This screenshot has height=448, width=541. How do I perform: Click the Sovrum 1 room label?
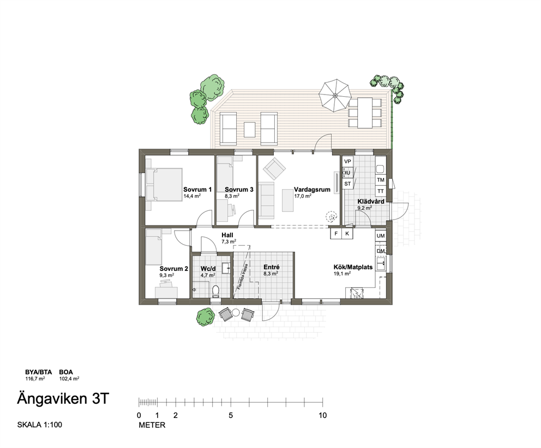[197, 190]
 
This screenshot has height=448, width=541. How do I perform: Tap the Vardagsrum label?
[312, 190]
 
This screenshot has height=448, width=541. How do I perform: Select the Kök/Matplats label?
[353, 267]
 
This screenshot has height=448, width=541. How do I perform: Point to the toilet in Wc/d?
[216, 291]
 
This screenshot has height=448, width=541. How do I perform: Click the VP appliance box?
[347, 161]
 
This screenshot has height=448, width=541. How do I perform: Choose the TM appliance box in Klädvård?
[381, 180]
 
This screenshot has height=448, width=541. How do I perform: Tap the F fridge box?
[336, 234]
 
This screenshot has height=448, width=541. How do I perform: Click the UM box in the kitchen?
[381, 236]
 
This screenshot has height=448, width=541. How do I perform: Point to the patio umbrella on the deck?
[335, 96]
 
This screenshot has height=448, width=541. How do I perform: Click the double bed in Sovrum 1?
[164, 185]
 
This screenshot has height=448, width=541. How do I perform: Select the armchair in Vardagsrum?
[274, 168]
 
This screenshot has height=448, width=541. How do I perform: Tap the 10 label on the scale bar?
[322, 415]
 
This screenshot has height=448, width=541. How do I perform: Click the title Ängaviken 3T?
[63, 399]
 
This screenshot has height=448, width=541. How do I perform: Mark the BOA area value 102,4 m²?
[69, 379]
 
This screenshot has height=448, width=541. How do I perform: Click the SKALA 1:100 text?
[40, 425]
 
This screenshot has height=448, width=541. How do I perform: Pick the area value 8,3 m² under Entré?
[271, 273]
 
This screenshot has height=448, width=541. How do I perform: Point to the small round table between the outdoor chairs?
[236, 312]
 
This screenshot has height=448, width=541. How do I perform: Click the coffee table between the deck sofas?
[249, 129]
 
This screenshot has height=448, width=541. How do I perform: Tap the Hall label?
[227, 235]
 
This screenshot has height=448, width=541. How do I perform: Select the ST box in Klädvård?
[347, 184]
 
